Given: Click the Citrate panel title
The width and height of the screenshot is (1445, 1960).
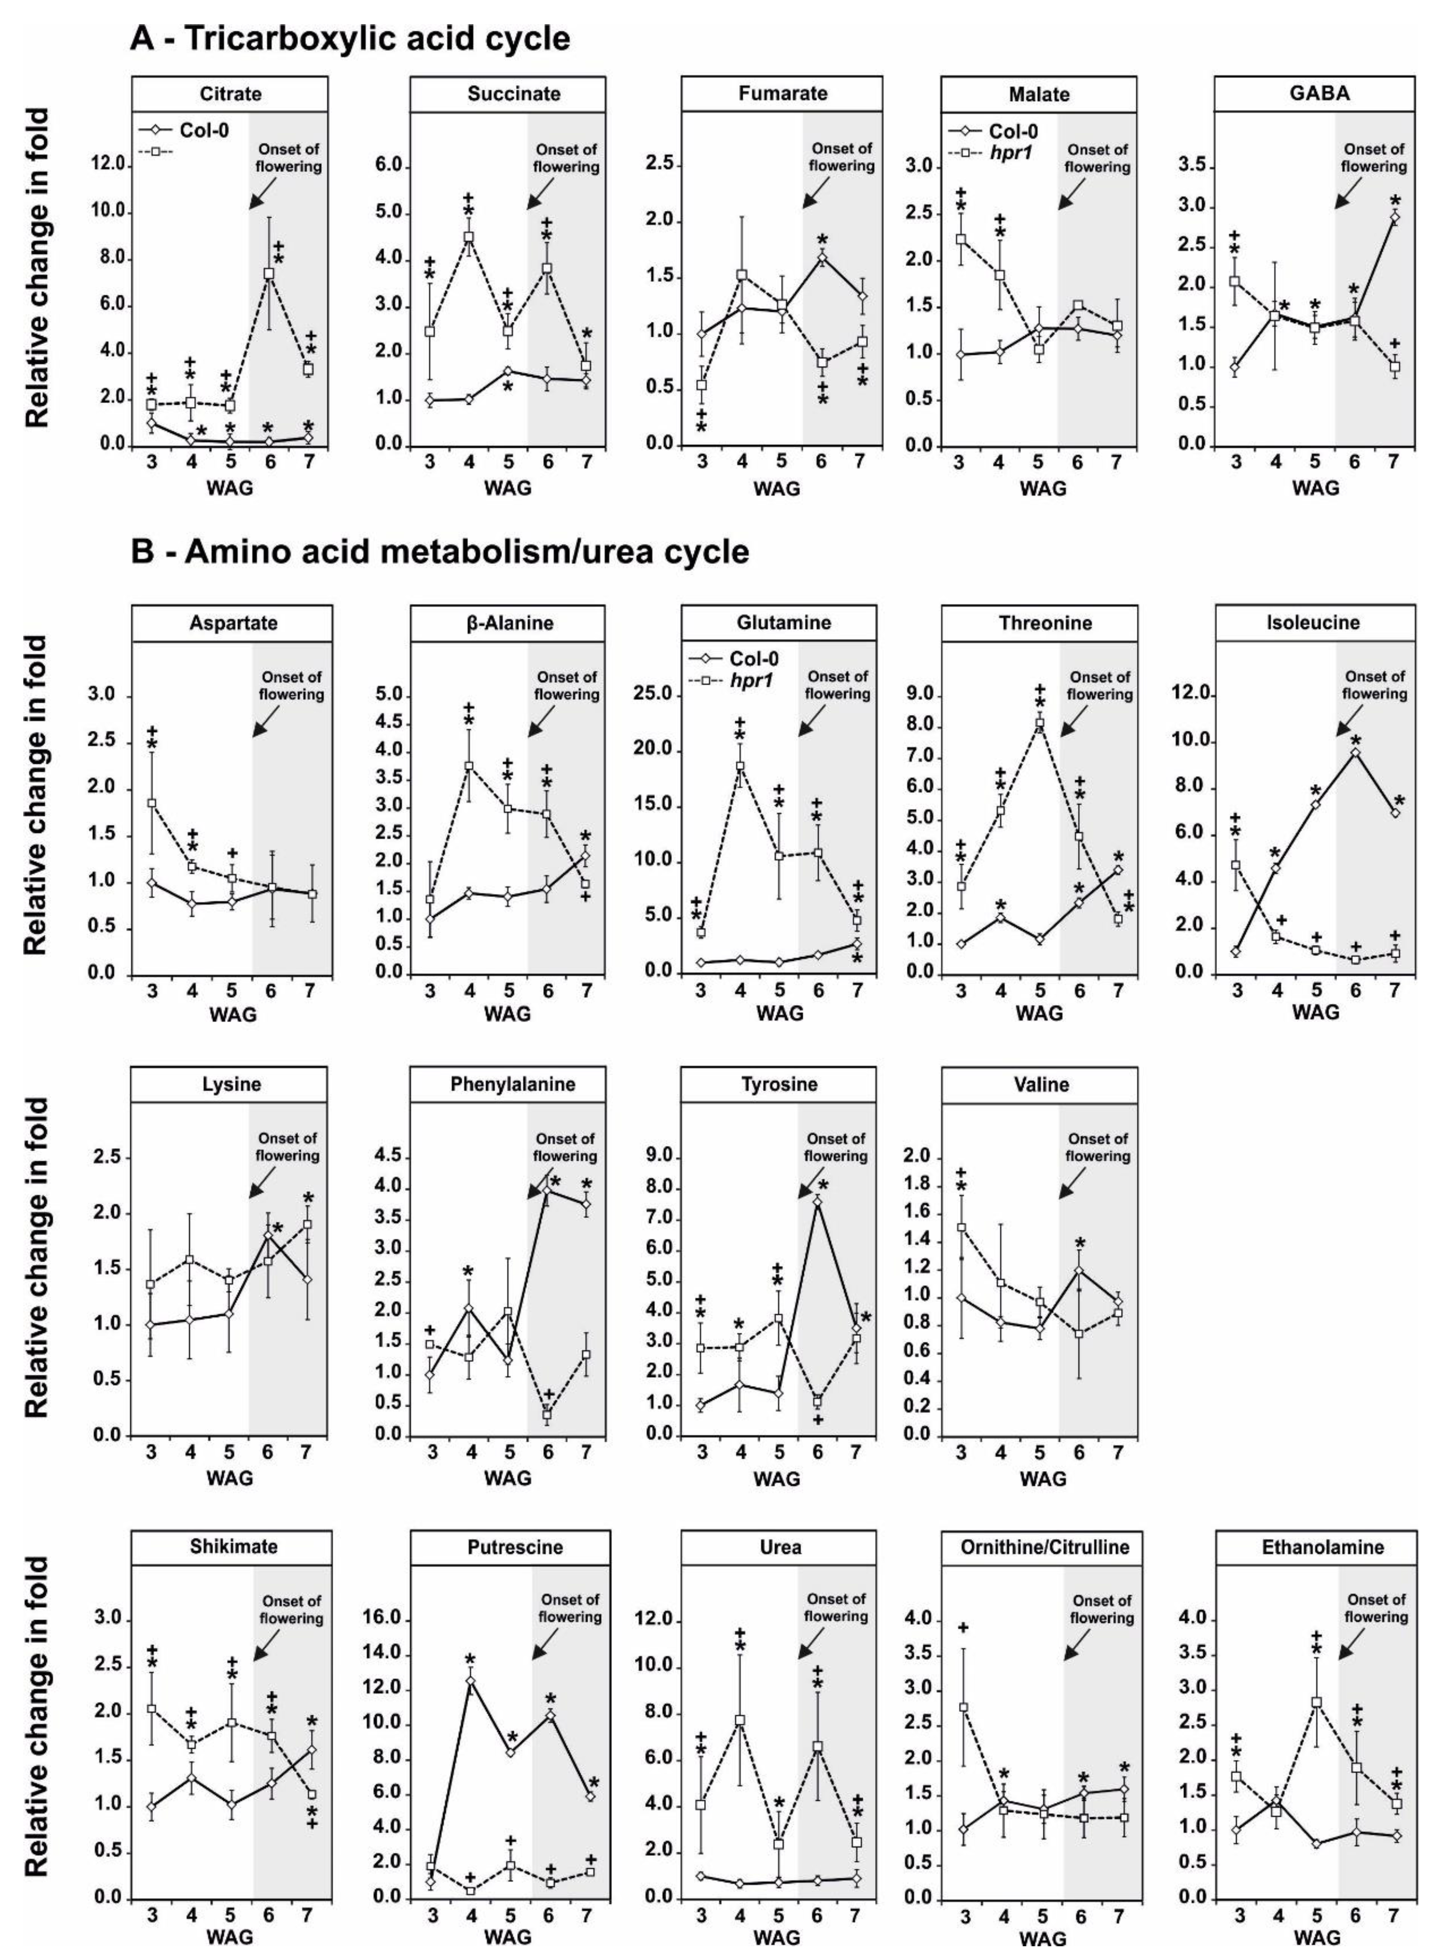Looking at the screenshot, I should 230,94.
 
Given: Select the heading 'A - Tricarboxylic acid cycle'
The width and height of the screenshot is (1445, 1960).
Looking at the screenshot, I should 350,38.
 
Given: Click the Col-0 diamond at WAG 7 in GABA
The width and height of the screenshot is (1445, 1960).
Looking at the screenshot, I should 1394,217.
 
